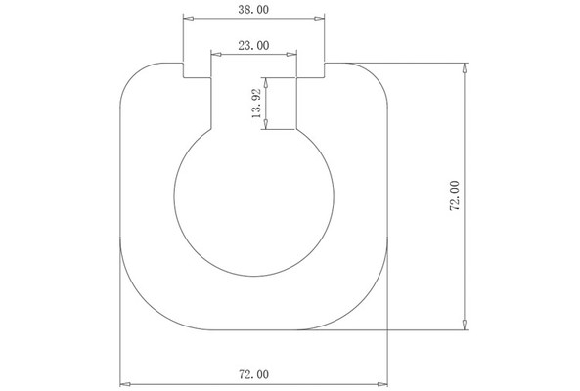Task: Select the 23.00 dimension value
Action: (254, 45)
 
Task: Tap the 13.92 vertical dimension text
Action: (256, 105)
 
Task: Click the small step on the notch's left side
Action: (197, 78)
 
